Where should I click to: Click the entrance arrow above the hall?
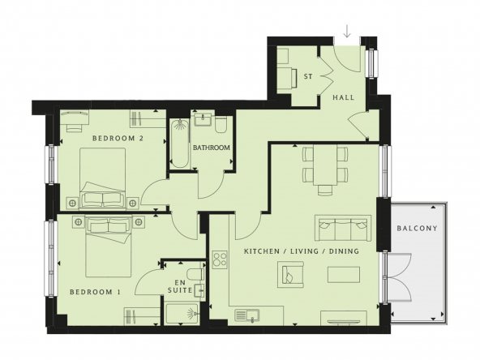coord(347,32)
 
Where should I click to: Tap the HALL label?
coord(344,97)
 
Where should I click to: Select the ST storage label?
coord(308,76)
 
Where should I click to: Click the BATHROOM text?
coord(212,148)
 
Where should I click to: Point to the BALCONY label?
coord(417,228)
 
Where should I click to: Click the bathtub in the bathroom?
coord(180,144)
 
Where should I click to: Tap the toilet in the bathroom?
coord(221,124)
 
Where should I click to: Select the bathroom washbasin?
coord(203,119)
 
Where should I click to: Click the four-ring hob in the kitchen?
coord(220,260)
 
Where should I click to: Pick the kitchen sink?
coord(247,315)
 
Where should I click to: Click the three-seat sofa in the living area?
coord(343,228)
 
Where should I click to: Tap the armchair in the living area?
coord(290,275)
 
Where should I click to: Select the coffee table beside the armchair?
coord(344,275)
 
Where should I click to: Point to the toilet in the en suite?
coord(195,274)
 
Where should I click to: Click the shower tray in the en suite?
coord(182,314)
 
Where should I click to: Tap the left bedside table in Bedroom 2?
coord(72,203)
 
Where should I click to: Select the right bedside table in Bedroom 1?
coord(139,222)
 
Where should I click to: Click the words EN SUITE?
coord(180,286)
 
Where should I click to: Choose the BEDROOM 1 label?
coord(95,293)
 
